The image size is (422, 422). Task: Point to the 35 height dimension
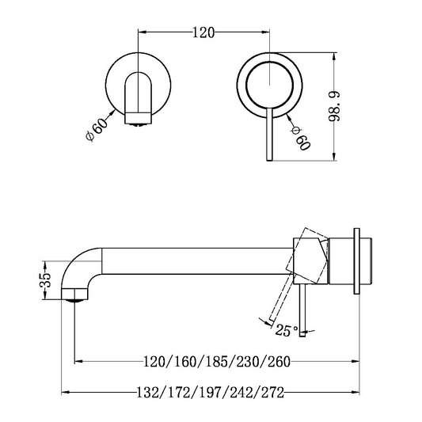coord(47,280)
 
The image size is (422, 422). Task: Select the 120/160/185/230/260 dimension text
coord(218,363)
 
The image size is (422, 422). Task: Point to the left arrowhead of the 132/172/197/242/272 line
coord(66,392)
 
